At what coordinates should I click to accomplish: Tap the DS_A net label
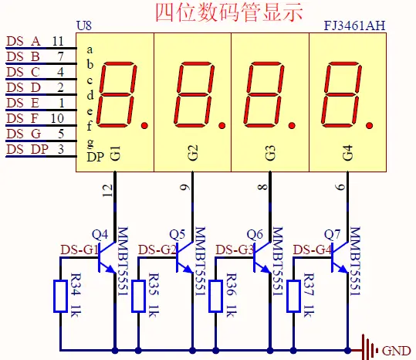pyautogui.click(x=23, y=41)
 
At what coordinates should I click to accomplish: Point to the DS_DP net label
pyautogui.click(x=26, y=149)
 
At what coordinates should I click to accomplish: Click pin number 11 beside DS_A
pyautogui.click(x=58, y=41)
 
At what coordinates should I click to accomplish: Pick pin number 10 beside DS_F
pyautogui.click(x=58, y=118)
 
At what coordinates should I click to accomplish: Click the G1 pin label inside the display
pyautogui.click(x=115, y=153)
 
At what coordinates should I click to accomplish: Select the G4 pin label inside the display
pyautogui.click(x=347, y=153)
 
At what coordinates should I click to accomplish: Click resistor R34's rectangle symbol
pyautogui.click(x=60, y=297)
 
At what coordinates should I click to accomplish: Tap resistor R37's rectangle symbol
pyautogui.click(x=293, y=297)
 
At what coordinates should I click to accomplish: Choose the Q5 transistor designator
pyautogui.click(x=178, y=234)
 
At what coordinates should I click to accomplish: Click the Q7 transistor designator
pyautogui.click(x=333, y=234)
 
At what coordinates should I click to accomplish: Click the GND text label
pyautogui.click(x=397, y=351)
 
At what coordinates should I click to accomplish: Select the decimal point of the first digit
pyautogui.click(x=144, y=124)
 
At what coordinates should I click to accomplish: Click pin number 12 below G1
pyautogui.click(x=107, y=188)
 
